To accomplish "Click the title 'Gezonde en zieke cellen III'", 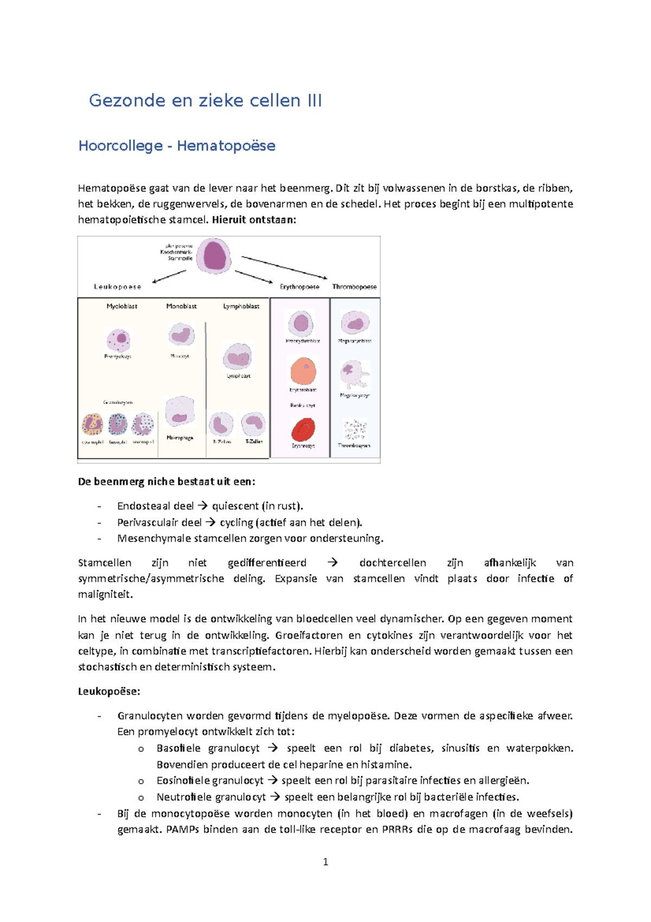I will tap(205, 100).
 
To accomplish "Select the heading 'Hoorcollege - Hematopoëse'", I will tap(177, 146).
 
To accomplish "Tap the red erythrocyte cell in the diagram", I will tap(303, 429).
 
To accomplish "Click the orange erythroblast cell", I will tap(303, 371).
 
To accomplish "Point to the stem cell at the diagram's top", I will tap(214, 256).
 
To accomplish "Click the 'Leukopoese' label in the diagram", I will tap(118, 287).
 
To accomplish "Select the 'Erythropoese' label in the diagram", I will tap(299, 287).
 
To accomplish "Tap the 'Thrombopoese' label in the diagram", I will tap(354, 287).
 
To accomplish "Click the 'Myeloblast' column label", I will tap(122, 306).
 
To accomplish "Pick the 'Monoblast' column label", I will tap(181, 306).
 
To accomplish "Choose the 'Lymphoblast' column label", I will tap(241, 306).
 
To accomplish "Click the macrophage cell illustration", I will tap(180, 412).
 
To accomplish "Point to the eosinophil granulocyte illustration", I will tap(92, 424).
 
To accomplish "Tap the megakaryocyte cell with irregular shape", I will tap(354, 375).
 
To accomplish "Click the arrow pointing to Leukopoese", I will tap(169, 276).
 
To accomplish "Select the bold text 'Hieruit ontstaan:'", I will tap(254, 220).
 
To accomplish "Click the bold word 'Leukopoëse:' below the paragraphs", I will tap(109, 691).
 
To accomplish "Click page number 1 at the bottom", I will tap(325, 862).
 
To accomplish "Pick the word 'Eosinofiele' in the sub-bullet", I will tap(183, 781).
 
